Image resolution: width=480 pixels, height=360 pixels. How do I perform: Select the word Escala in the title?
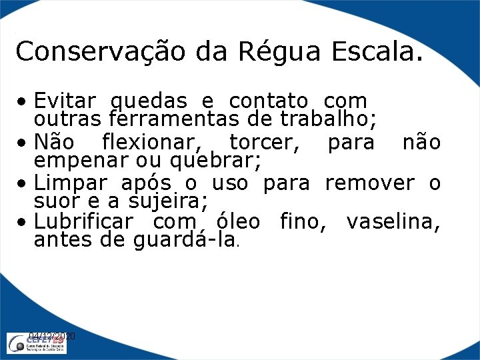[x=381, y=51]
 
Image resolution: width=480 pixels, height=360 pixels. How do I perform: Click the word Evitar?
[x=66, y=101]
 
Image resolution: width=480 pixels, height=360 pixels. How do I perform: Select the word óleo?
[x=239, y=221]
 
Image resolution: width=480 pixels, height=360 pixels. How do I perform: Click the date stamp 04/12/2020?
[x=53, y=337]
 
